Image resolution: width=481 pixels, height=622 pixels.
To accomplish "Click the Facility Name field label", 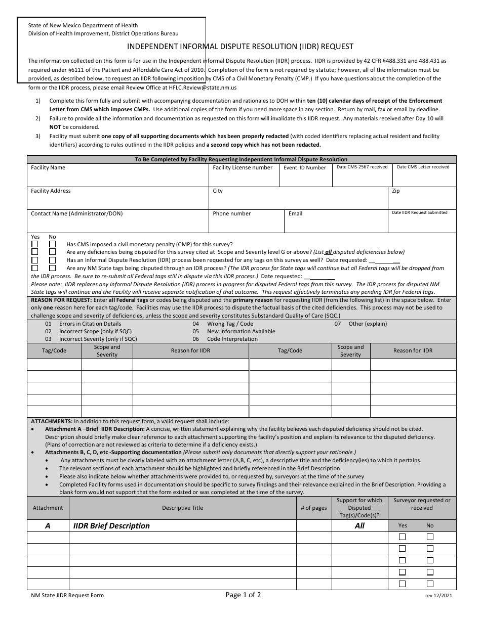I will coord(48,167).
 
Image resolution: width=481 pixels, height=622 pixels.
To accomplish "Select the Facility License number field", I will coord(243,175).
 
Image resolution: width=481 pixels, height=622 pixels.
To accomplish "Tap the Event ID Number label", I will coord(304,168).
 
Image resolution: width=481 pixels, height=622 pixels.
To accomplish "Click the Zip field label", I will coord(396,191).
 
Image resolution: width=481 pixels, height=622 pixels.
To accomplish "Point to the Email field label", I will coord(295,213).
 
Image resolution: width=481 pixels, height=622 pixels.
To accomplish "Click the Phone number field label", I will coord(231,213).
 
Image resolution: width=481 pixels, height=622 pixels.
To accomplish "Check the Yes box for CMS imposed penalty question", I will coord(35,244).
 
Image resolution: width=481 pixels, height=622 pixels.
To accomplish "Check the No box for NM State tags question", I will coord(52,268).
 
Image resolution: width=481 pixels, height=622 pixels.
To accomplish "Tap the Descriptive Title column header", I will coord(182,508).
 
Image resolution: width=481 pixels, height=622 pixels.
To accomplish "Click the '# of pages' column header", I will coord(313,508).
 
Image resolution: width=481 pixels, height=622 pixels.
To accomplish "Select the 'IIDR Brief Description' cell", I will coord(111,526).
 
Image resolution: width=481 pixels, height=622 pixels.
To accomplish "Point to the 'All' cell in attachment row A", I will coord(359,526).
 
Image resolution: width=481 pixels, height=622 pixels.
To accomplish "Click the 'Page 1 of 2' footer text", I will coord(243,595).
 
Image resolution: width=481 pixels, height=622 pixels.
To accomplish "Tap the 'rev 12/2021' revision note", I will coord(438,596).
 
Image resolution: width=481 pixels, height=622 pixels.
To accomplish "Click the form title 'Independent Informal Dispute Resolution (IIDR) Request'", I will coord(240,47).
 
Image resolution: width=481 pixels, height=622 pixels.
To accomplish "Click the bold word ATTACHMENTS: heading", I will coord(52,421).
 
